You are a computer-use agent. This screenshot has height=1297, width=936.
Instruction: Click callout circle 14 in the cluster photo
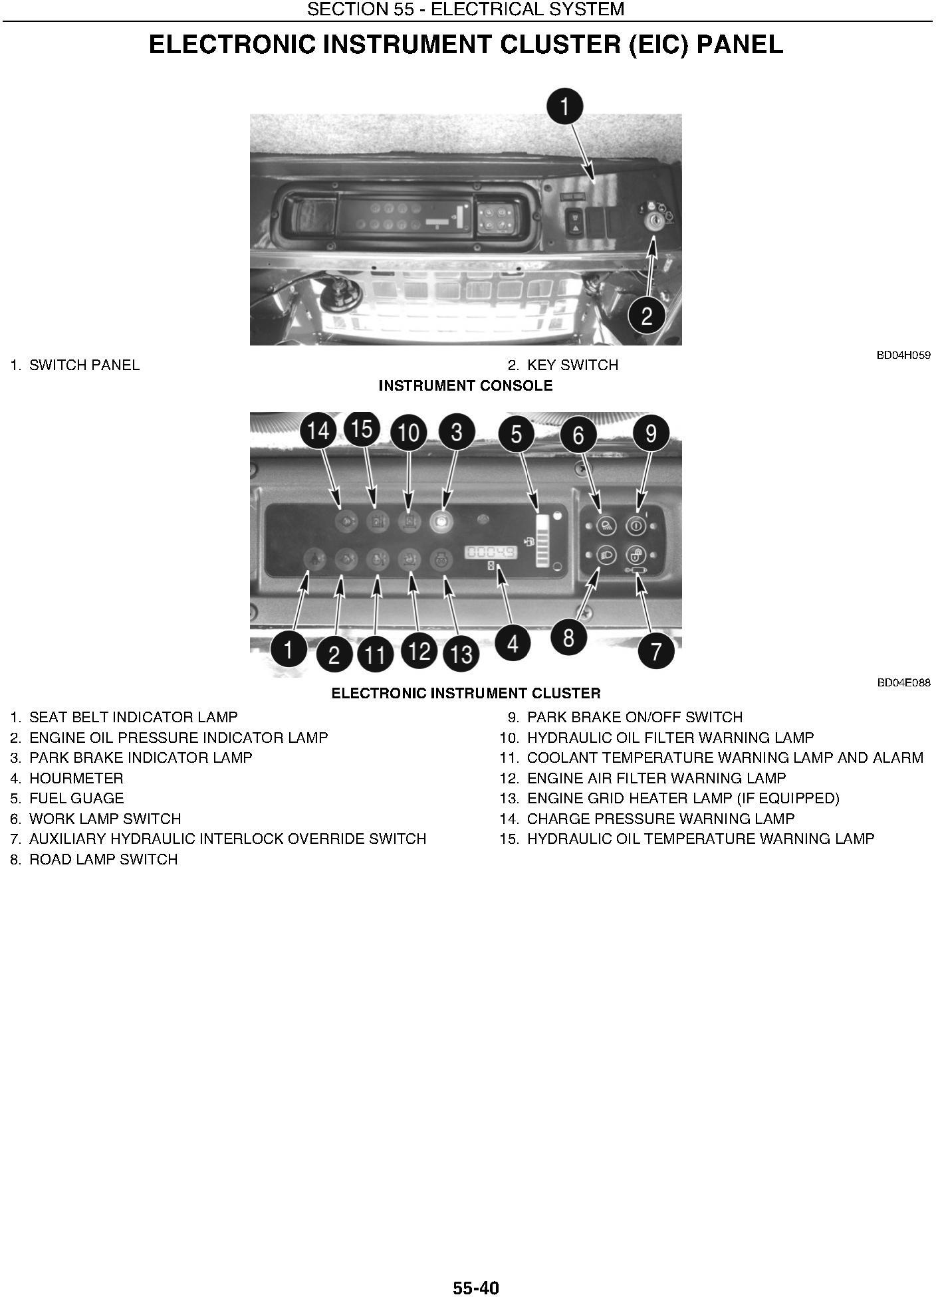tap(318, 431)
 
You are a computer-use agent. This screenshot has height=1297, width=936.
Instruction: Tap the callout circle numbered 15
tap(362, 429)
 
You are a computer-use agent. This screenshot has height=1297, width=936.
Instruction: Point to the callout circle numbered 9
tap(651, 433)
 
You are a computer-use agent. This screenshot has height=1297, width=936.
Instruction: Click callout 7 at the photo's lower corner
tap(656, 650)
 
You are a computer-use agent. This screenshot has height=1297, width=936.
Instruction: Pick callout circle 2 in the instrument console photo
tap(647, 315)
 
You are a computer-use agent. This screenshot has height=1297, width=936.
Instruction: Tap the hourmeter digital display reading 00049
tap(491, 552)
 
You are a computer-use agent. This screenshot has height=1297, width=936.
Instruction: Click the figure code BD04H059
tap(903, 355)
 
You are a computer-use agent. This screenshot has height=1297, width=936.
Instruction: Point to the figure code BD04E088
tap(903, 682)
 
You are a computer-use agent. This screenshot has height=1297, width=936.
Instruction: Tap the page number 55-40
tap(475, 1288)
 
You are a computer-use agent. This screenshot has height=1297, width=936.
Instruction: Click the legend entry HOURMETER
tap(76, 778)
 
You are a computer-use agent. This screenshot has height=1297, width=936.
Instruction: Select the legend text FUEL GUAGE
tap(76, 798)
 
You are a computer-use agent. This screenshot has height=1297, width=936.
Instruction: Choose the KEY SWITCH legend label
tap(572, 365)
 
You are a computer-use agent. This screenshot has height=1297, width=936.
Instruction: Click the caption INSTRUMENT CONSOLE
tap(465, 385)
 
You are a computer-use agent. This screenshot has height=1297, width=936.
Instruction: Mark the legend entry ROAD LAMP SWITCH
tap(104, 859)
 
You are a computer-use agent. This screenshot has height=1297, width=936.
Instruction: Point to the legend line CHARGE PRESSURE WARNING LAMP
tap(661, 819)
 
